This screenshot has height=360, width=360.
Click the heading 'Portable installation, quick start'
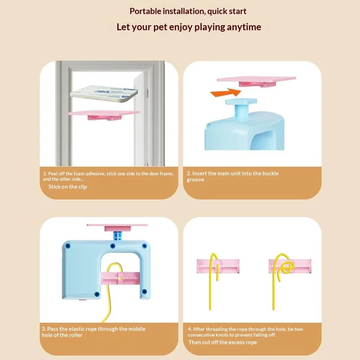click(x=188, y=11)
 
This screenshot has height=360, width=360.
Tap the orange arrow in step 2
click(x=224, y=93)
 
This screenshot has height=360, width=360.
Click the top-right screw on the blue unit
click(x=144, y=246)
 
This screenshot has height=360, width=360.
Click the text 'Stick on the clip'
click(x=68, y=187)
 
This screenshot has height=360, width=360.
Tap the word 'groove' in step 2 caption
click(x=195, y=180)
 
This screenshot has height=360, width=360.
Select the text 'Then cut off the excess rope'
click(x=223, y=342)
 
